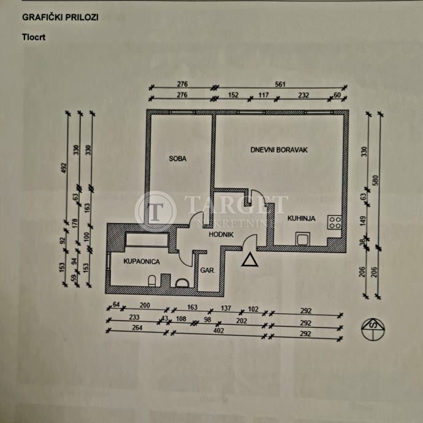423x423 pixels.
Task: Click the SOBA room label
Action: tap(177, 159)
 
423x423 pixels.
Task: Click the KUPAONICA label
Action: tap(142, 261)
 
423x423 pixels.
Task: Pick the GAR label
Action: tap(206, 268)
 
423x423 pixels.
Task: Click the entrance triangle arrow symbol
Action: tap(250, 261)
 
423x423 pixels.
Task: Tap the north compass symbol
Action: tap(373, 330)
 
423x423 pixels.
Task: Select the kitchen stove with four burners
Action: tap(335, 223)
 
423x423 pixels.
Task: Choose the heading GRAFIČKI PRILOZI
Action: tap(59, 17)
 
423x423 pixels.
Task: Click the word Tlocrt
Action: tap(34, 36)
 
